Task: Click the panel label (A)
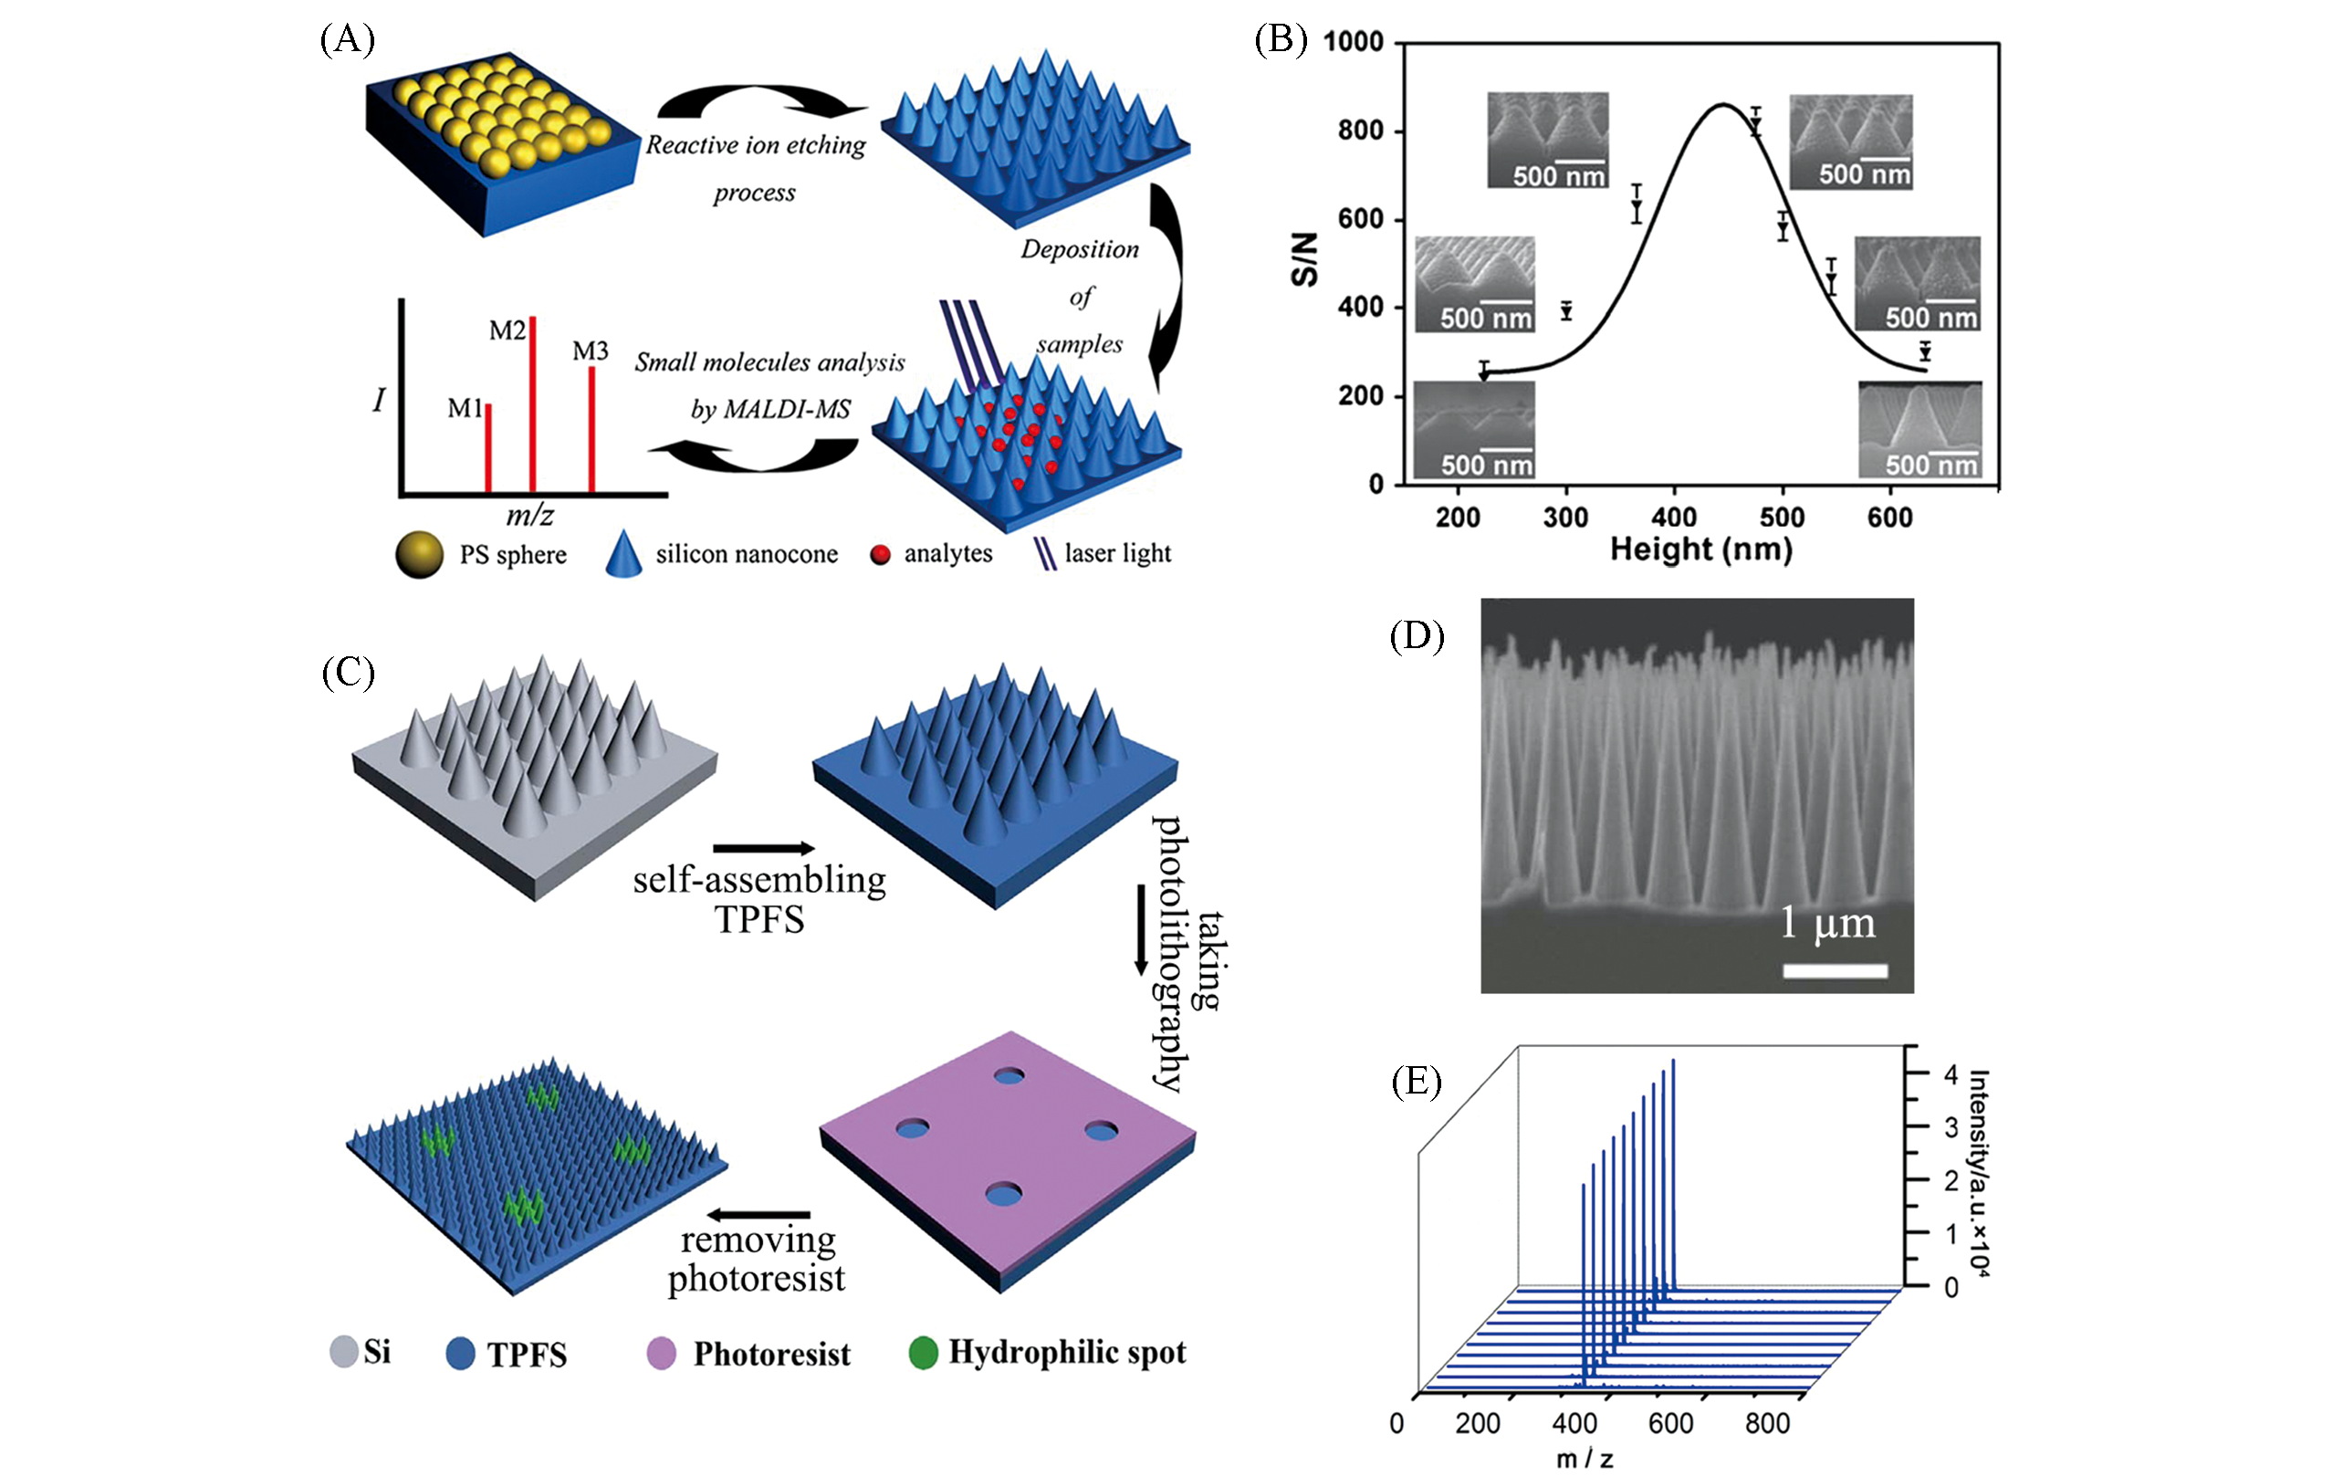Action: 348,40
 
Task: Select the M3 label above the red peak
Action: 591,351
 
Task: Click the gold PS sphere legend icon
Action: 419,555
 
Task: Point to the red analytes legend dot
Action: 881,555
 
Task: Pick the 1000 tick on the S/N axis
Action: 1354,42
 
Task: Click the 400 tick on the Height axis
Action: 1674,517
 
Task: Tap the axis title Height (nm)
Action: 1700,550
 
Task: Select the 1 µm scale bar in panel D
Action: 1836,970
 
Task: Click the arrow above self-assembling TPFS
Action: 763,848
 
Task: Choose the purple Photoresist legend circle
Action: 662,1354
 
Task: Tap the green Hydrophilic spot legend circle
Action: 924,1352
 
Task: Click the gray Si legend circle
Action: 344,1352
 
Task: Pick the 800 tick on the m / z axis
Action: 1767,1423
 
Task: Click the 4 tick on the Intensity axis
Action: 1950,1074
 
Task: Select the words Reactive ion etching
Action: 756,145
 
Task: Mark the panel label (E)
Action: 1416,1081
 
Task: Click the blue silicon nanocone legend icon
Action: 623,555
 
